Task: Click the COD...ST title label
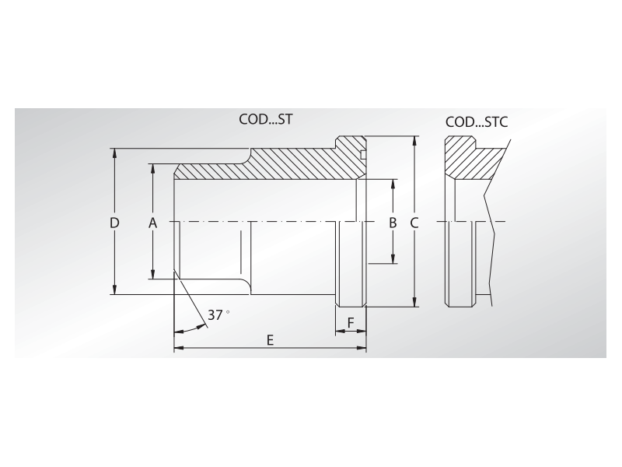tap(266, 119)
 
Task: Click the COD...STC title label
tap(477, 122)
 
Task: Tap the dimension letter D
tap(114, 223)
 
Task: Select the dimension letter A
tap(152, 223)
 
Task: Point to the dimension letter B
tap(393, 223)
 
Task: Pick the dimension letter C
tap(414, 223)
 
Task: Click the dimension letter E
tap(270, 340)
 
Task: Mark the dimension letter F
tap(351, 323)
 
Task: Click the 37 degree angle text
tap(218, 315)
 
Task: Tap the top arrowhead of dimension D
tap(114, 153)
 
